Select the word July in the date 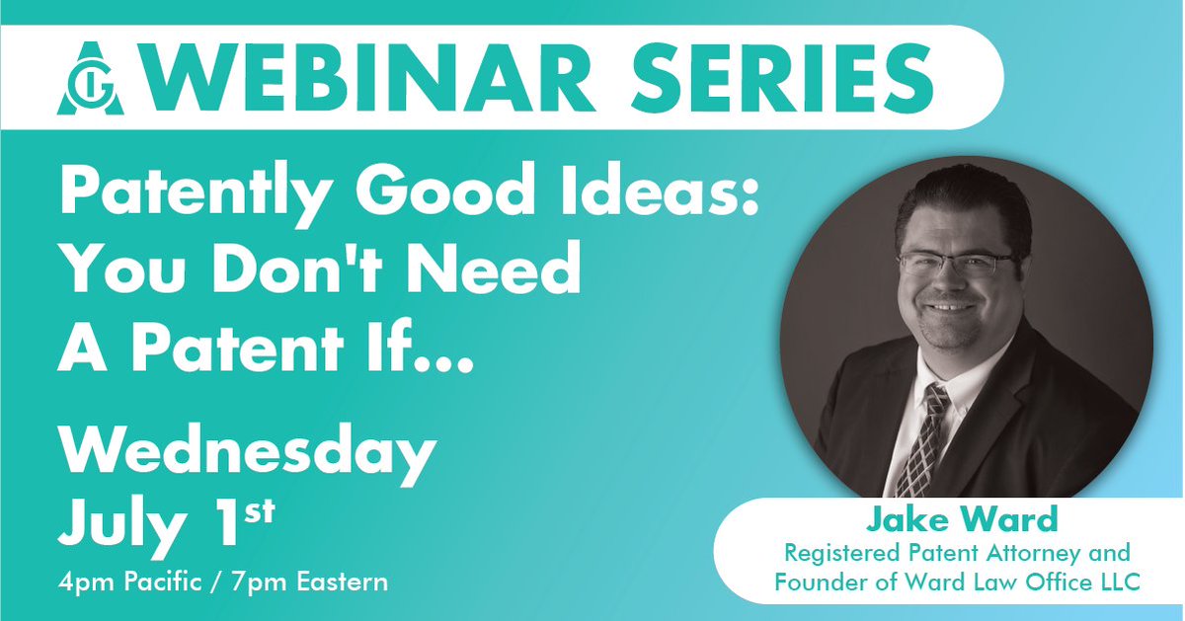coord(122,524)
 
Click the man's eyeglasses coord(955,265)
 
